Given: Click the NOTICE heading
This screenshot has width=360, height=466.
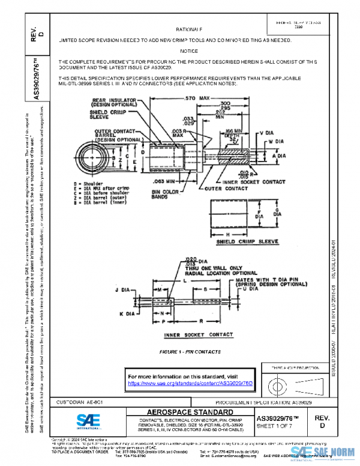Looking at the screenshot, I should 189,51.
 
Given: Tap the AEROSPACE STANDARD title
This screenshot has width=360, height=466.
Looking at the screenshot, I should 190,412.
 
